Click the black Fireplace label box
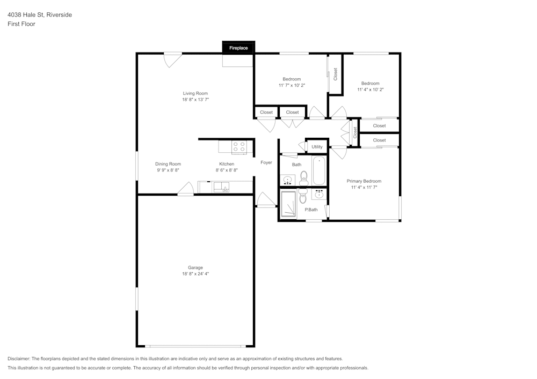pos(238,48)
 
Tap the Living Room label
pos(195,93)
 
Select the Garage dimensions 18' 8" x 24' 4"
pos(195,274)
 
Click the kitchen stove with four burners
pos(239,147)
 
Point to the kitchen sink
pos(221,187)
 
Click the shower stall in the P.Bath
pos(288,204)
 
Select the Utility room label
pos(317,147)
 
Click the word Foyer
pos(266,162)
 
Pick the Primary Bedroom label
pos(364,181)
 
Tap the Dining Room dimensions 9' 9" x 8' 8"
pos(168,170)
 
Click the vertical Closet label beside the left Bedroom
pos(335,74)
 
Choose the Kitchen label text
pos(227,164)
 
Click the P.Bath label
pos(311,210)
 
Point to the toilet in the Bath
pos(303,178)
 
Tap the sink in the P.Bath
pos(319,195)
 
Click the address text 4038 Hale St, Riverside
pos(40,14)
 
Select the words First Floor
pos(21,24)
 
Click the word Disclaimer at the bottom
pos(18,359)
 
